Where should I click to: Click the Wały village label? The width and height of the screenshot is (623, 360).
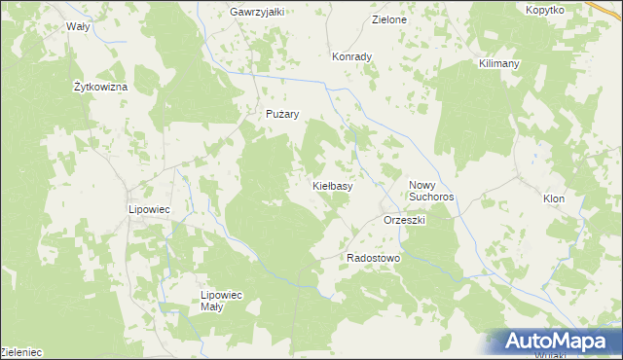78,27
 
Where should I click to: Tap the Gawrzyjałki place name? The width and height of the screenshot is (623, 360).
256,12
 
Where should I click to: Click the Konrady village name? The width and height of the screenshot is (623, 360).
351,56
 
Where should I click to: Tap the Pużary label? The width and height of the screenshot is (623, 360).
282,114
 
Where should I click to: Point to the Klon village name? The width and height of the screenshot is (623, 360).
554,198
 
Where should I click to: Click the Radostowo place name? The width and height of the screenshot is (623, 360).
374,258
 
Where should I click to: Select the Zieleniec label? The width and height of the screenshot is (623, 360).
21,351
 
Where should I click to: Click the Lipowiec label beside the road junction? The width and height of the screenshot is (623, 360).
150,209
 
